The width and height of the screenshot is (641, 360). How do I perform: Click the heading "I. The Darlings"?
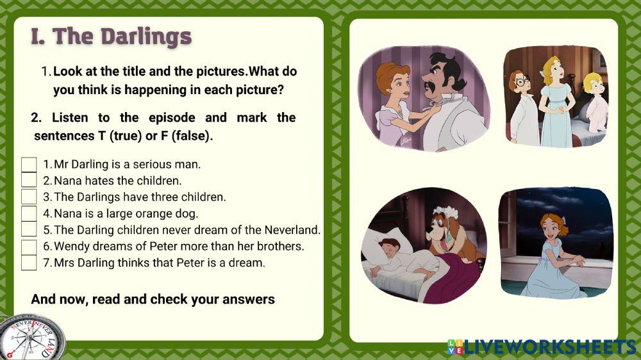coord(111,37)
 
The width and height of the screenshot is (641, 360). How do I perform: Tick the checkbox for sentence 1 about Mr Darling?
coord(29,165)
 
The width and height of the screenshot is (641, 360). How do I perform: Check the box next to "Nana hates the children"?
coord(29,181)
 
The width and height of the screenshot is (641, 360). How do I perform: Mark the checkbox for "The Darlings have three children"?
coord(29,197)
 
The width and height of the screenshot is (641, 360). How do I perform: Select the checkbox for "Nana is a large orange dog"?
coord(29,213)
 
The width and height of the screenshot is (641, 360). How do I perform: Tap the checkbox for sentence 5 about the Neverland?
coord(29,229)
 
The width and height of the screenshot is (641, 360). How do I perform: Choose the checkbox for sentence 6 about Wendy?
coord(29,246)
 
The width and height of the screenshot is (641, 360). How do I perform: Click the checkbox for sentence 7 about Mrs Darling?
coord(29,262)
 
